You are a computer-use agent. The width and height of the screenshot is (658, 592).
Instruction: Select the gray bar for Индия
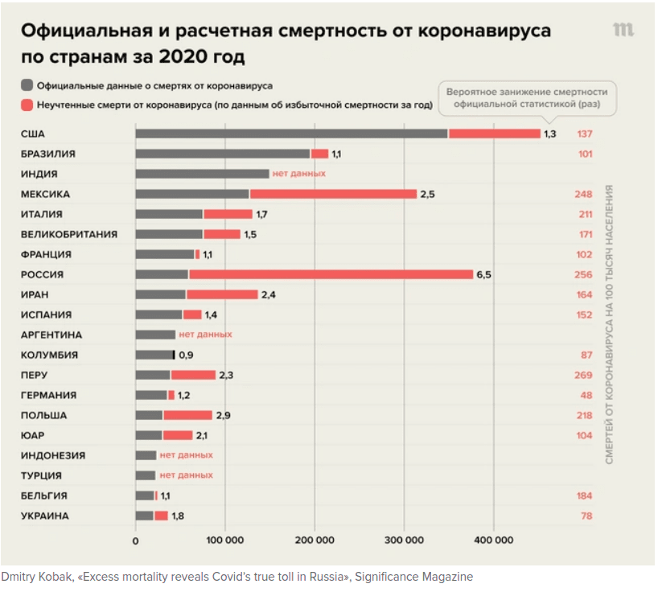pos(202,174)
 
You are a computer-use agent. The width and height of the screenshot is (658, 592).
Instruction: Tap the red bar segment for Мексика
pos(333,194)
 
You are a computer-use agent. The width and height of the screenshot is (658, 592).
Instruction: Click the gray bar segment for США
pos(291,134)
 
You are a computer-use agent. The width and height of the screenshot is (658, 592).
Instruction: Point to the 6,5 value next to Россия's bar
pos(483,274)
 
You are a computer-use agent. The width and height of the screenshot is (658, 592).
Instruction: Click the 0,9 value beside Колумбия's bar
pos(186,355)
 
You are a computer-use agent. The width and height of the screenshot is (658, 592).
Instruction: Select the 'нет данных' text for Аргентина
pos(205,335)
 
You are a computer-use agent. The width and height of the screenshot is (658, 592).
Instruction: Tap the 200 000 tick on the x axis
pos(315,541)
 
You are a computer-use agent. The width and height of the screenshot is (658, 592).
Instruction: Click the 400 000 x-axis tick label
pos(493,541)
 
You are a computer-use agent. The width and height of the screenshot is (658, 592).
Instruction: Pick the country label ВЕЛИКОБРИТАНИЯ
pos(69,234)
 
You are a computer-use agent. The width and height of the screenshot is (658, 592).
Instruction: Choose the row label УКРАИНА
pos(45,516)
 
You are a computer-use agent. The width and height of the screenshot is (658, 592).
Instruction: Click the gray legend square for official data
pos(27,85)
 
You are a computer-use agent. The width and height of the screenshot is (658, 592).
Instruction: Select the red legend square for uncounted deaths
pos(27,105)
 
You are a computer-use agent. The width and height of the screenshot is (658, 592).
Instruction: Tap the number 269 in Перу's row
pos(584,375)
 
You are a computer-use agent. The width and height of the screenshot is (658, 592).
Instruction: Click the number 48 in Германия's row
pos(586,395)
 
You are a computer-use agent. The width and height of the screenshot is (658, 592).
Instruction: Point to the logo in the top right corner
pos(623,30)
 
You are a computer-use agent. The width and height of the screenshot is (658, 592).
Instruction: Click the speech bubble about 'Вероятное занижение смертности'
pos(527,97)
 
